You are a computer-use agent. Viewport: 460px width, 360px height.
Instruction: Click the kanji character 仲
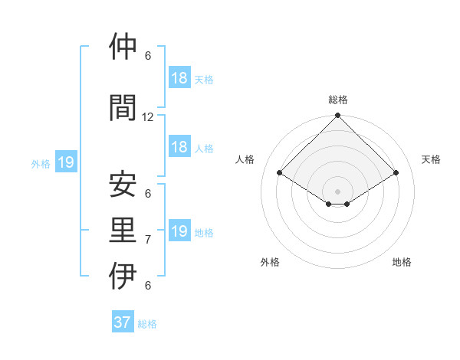pos(123,47)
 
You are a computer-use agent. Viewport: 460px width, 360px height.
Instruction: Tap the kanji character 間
pos(123,108)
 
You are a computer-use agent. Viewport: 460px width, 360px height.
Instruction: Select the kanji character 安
pos(123,185)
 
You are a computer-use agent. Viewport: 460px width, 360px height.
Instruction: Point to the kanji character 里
pos(123,231)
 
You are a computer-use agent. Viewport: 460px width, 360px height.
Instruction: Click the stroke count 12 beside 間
pos(148,117)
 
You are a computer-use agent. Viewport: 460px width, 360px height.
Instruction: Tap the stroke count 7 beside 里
pos(148,240)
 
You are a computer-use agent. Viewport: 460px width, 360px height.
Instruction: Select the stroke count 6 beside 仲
pos(148,56)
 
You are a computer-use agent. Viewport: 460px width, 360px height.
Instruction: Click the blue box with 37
pos(123,322)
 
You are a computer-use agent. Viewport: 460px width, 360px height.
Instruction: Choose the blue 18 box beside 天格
pos(179,78)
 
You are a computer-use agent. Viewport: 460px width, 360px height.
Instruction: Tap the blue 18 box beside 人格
pos(179,147)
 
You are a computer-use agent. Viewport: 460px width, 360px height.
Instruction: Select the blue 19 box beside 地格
pos(179,231)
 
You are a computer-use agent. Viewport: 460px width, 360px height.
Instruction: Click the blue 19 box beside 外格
pos(66,162)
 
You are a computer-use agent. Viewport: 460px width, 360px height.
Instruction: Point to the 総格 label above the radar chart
pos(338,100)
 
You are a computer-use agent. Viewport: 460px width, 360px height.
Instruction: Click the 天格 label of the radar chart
pos(431,159)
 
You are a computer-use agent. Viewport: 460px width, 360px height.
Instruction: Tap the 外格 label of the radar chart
pos(270,262)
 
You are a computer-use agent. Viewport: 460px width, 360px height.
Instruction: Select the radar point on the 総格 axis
pos(338,116)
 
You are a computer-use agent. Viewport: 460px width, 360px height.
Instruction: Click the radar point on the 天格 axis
pos(396,174)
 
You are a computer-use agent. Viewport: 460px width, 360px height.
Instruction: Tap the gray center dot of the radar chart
pos(338,191)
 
